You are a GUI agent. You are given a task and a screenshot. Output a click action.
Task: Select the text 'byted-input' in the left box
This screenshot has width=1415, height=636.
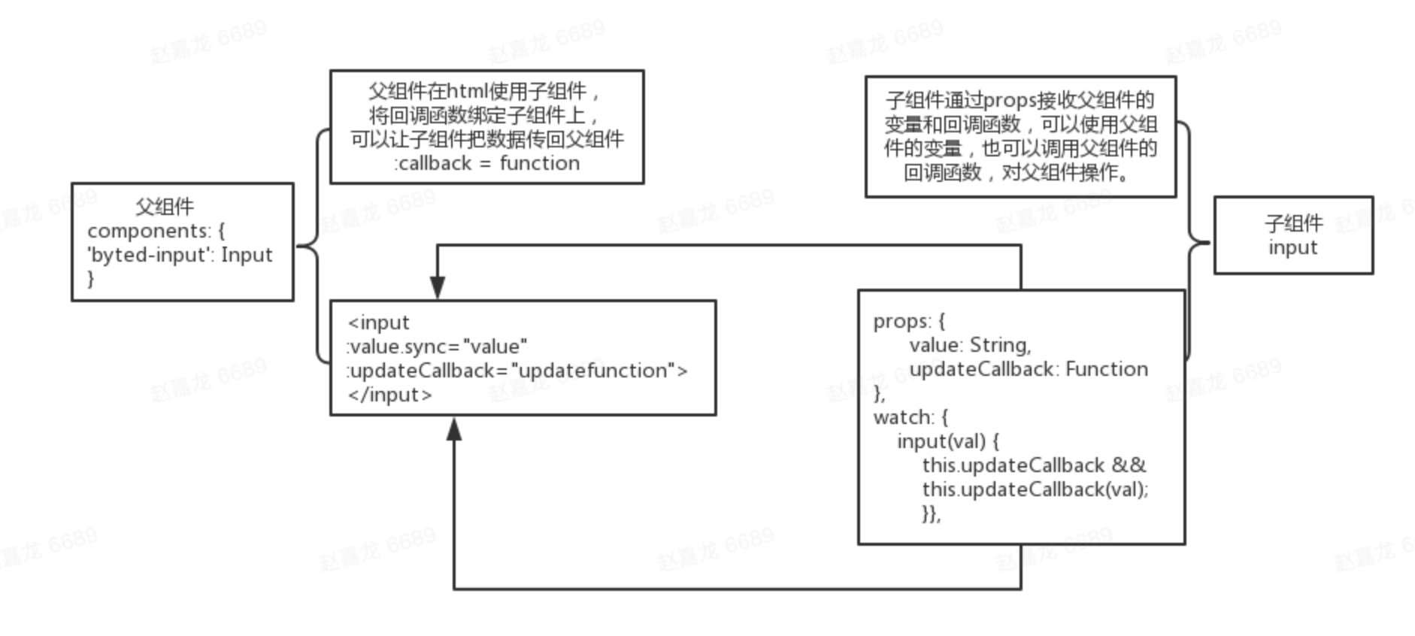coord(148,255)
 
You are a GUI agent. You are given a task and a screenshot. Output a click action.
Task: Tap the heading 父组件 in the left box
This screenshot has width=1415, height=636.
coord(165,207)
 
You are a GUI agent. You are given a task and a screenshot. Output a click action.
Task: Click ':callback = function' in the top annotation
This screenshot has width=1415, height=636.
coord(486,163)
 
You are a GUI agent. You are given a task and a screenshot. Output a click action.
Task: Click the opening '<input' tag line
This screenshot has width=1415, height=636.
coord(378,323)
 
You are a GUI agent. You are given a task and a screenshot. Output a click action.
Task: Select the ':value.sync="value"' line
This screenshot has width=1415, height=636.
coord(436,347)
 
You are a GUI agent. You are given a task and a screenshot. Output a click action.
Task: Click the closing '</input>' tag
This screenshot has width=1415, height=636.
coord(389,395)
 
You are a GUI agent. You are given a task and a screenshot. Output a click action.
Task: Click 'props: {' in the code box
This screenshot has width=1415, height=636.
coord(909,321)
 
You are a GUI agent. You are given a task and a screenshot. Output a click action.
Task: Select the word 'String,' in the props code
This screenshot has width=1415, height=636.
coord(1000,345)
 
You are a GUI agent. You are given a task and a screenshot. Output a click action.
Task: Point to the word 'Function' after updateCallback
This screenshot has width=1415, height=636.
coord(1106,369)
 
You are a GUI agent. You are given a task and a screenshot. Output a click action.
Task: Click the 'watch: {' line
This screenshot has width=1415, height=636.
coord(911,417)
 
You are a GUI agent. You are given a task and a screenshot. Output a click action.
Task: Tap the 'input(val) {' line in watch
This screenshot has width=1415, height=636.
coord(947,441)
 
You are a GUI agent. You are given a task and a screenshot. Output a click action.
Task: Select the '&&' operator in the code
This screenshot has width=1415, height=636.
coord(1129,465)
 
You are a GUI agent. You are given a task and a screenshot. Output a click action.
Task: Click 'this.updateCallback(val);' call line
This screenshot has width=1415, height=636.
coord(1035,489)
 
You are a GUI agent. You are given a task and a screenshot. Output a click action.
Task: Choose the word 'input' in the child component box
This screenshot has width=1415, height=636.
coord(1292,247)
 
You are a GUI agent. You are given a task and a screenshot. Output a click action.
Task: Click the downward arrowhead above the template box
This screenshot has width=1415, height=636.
coord(438,287)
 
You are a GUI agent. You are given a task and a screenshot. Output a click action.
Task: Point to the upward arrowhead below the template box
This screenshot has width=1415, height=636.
coord(454,429)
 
